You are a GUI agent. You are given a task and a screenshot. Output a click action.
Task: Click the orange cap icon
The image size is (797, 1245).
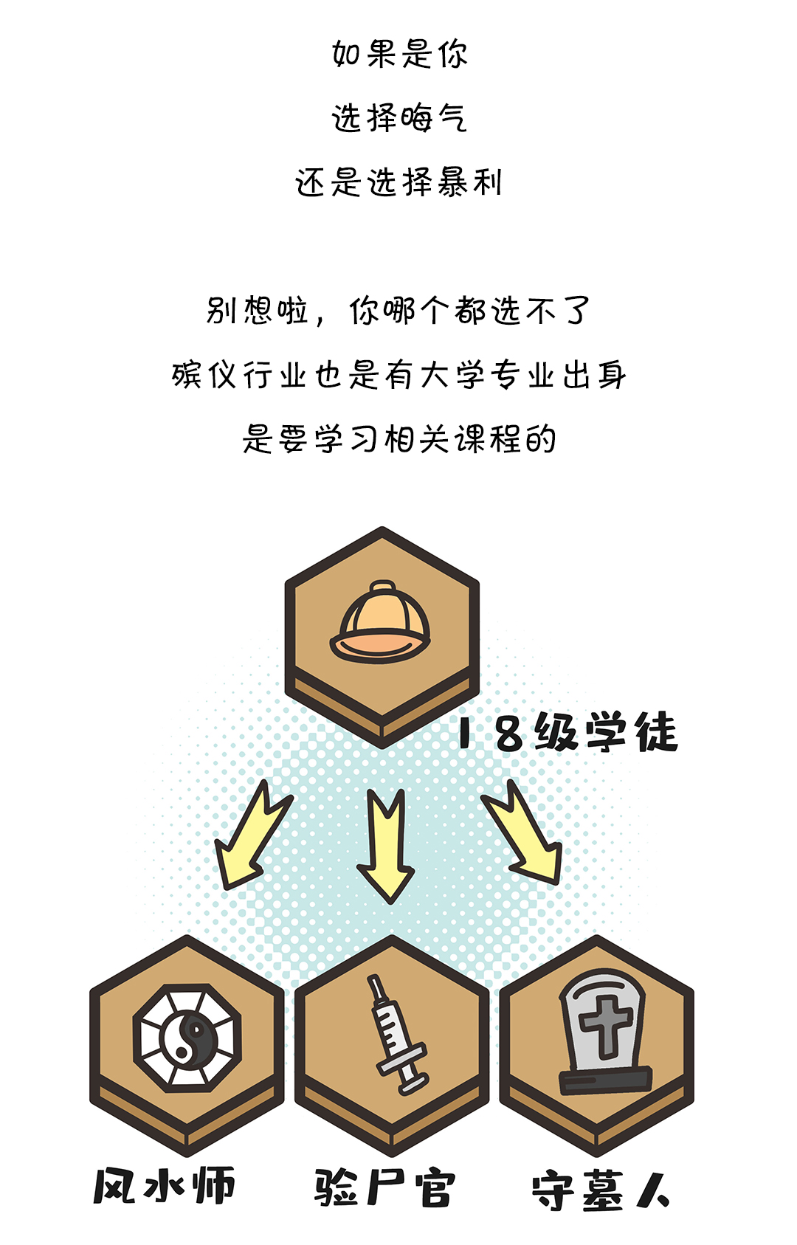381,621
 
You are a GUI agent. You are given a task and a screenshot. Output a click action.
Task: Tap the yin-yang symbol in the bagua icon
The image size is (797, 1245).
187,1039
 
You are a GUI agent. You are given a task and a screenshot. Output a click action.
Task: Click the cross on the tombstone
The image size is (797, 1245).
605,1022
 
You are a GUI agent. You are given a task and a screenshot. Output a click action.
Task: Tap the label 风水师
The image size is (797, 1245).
164,1186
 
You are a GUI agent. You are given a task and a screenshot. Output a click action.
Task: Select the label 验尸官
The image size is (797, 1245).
384,1187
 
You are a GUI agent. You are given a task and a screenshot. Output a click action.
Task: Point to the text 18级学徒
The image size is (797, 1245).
567,733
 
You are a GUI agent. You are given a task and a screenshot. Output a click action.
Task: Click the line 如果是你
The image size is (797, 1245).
399,54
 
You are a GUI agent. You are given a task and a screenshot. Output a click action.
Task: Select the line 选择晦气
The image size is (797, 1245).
399,118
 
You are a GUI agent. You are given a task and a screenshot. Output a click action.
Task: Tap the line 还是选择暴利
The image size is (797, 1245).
399,182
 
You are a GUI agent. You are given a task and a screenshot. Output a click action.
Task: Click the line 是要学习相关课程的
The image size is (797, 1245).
399,439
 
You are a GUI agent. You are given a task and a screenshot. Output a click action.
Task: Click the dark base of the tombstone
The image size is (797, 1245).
605,1080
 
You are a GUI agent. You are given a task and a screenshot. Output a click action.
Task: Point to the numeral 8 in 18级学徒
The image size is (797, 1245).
509,734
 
